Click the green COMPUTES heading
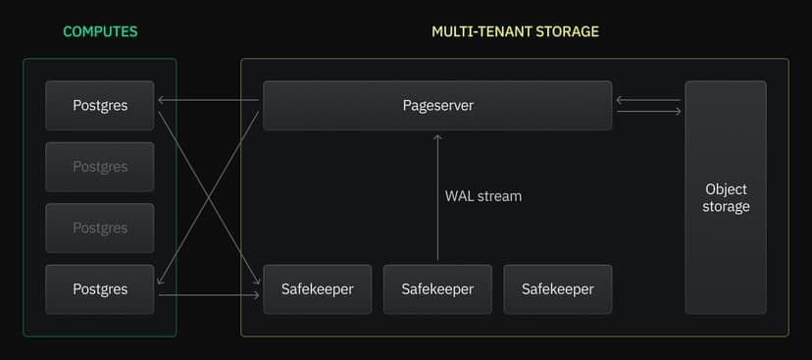click(x=100, y=31)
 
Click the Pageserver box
click(x=437, y=105)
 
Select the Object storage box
click(x=726, y=197)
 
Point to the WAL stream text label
click(x=483, y=196)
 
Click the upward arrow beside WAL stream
click(x=437, y=196)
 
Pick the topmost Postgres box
click(x=100, y=105)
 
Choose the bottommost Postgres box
click(x=100, y=289)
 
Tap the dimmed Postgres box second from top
click(x=100, y=167)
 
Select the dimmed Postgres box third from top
click(x=100, y=228)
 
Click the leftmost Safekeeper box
click(x=318, y=289)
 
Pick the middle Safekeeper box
click(x=437, y=289)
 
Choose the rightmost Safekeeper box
click(x=557, y=289)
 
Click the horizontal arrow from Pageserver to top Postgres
click(x=209, y=99)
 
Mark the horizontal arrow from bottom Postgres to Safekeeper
click(x=209, y=294)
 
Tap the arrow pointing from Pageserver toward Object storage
click(x=648, y=112)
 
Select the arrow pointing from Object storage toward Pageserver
click(x=648, y=99)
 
